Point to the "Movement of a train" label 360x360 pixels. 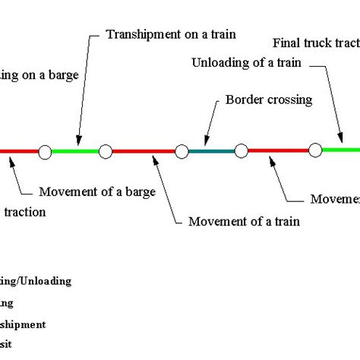[243, 222]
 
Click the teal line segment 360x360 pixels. [211, 152]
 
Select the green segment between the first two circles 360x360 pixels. [75, 152]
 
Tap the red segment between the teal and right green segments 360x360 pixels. [278, 151]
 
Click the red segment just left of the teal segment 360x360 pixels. [144, 152]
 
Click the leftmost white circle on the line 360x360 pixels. [45, 153]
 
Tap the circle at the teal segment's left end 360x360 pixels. [182, 152]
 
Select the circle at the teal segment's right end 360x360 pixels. [241, 151]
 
